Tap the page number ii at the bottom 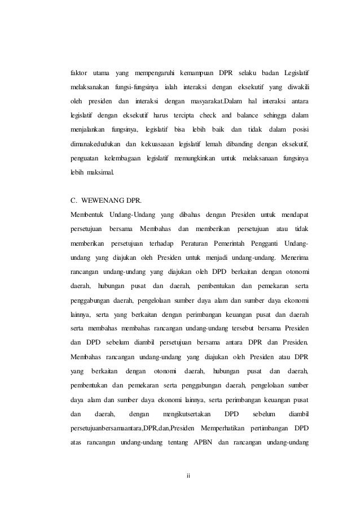189,476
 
